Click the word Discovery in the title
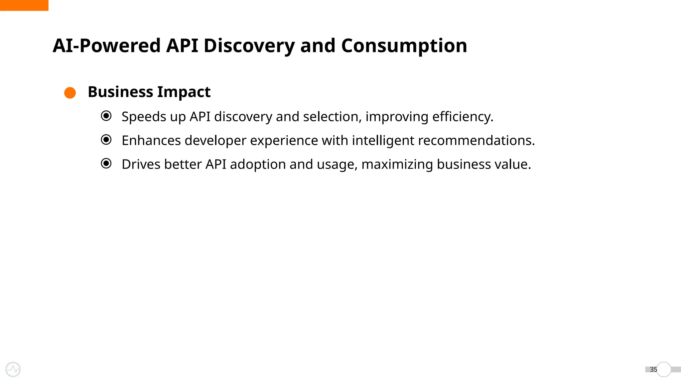pos(249,46)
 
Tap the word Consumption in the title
pos(404,46)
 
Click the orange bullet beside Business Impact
pos(70,93)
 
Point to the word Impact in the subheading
pos(184,92)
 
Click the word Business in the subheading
pos(120,92)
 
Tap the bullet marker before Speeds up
pos(106,116)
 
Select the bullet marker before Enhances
pos(106,140)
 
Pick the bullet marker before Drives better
pos(106,164)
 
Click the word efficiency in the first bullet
pos(462,117)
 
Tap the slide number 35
pos(653,369)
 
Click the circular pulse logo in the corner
pos(13,369)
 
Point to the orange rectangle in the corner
pos(24,5)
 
